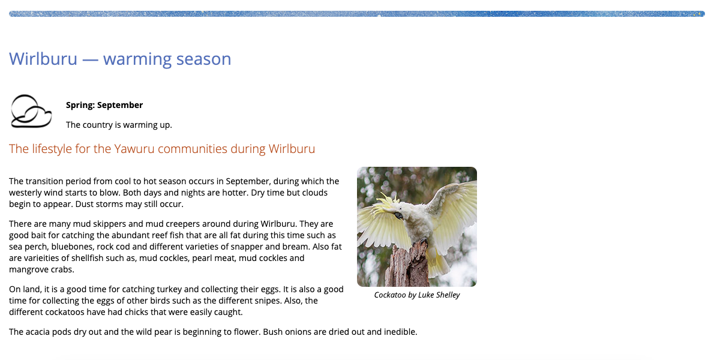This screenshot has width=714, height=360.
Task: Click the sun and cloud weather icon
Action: click(31, 112)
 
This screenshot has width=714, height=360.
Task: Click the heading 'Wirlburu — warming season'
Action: click(120, 59)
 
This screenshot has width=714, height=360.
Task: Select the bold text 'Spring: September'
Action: click(104, 105)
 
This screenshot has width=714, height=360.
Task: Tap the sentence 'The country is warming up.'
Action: click(119, 125)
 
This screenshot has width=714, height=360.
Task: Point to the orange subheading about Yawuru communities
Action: click(162, 149)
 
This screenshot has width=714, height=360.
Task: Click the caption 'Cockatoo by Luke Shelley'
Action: click(416, 295)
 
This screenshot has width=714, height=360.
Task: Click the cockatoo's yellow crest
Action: click(385, 203)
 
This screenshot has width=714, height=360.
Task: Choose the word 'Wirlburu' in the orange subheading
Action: click(292, 149)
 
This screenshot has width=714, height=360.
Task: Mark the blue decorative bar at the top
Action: click(357, 14)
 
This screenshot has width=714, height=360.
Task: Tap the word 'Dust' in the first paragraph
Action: click(84, 204)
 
